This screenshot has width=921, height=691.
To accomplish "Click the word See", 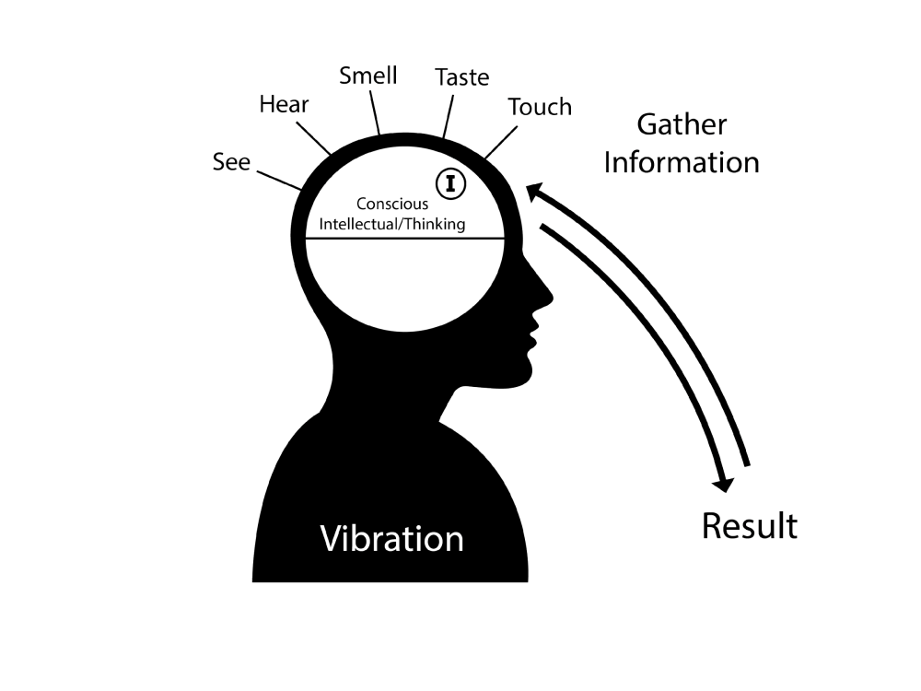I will (231, 163).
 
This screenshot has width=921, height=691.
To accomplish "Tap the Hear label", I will (284, 104).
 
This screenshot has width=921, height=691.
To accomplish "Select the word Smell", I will (367, 76).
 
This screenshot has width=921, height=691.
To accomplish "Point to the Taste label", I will (461, 77).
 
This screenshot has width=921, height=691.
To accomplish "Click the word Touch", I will (540, 107).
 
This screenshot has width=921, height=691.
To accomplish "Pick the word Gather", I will (682, 124).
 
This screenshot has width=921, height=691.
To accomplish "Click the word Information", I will (682, 163).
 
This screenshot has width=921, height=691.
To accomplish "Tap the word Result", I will (749, 526).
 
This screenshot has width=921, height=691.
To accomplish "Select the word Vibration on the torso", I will (391, 538).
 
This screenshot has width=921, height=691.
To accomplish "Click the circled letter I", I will (450, 183).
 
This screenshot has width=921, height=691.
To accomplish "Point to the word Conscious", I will (392, 205).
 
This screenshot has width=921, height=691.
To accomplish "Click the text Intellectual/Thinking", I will (392, 224).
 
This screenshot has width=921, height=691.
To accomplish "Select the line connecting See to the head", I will (280, 180).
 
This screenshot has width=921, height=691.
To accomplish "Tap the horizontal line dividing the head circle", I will (405, 239).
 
